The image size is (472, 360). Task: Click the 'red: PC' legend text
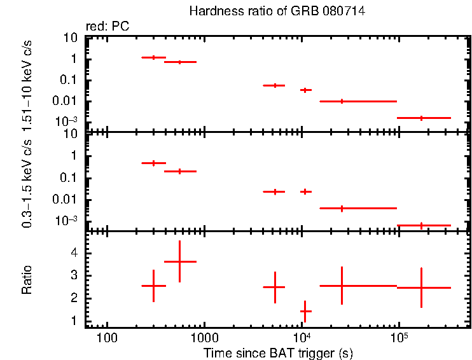[111, 27]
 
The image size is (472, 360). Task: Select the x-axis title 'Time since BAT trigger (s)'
[278, 352]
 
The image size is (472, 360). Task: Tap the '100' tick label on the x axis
[107, 337]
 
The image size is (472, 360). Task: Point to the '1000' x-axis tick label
[204, 337]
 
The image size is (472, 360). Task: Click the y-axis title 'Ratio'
[27, 279]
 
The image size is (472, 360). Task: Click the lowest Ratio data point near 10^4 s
[305, 311]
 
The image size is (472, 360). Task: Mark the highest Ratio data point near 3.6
[180, 261]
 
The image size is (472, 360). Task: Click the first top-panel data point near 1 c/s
[153, 57]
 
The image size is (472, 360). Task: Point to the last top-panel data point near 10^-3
[421, 118]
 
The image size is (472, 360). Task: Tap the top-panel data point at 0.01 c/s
[342, 101]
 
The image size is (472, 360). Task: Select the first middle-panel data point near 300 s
[153, 163]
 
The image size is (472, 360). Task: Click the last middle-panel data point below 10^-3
[421, 225]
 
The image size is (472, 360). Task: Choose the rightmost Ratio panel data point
[421, 287]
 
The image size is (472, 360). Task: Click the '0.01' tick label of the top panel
[67, 101]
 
